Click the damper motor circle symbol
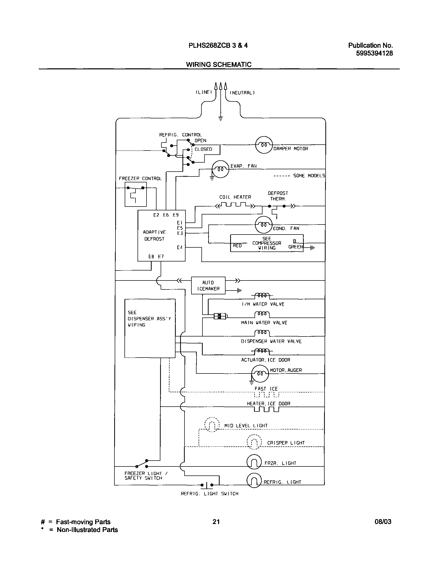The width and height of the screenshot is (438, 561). point(264,145)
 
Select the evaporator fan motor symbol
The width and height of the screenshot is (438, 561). point(220,169)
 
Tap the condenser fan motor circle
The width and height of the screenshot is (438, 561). point(263,225)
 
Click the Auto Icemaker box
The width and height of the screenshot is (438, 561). point(208,285)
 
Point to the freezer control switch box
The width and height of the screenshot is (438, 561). point(135,194)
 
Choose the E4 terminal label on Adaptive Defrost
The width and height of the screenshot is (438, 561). point(179,247)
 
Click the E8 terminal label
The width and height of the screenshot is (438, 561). point(151,256)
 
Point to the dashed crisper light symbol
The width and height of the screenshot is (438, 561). point(254,442)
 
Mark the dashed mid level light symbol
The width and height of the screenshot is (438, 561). point(212,425)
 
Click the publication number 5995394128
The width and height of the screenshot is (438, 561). point(374,53)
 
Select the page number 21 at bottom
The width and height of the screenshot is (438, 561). point(216,521)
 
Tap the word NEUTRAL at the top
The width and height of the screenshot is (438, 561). point(242,93)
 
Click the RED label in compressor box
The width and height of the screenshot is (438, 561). point(237,246)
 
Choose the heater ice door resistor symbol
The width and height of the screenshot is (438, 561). point(266,409)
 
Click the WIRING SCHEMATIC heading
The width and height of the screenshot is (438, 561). point(219,64)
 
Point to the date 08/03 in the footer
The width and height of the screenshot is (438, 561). point(383,521)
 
